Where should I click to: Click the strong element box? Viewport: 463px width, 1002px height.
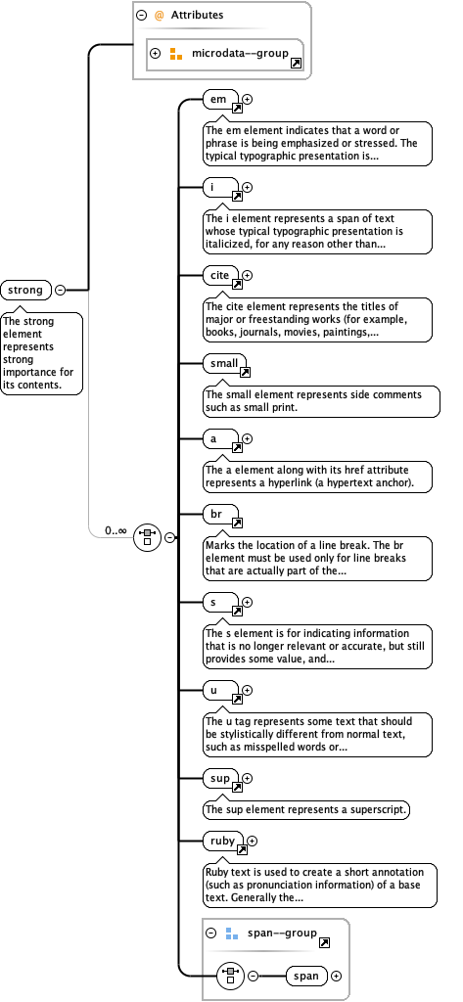click(x=26, y=290)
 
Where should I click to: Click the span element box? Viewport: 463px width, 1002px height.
click(x=306, y=976)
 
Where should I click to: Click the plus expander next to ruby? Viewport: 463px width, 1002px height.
click(x=252, y=841)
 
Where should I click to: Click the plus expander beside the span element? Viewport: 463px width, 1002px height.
click(x=337, y=976)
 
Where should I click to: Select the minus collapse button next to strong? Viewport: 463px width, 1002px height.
click(x=61, y=290)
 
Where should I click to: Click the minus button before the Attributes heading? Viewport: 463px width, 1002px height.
click(x=142, y=16)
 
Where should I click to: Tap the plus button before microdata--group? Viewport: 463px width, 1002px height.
click(x=156, y=53)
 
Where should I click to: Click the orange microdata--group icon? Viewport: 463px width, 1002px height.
click(x=176, y=53)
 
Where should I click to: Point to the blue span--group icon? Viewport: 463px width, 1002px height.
click(x=231, y=934)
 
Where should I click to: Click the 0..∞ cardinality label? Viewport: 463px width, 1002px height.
click(x=116, y=530)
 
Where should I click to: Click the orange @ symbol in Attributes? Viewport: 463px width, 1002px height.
click(x=160, y=16)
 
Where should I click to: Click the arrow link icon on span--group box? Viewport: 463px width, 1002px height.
click(x=324, y=941)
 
